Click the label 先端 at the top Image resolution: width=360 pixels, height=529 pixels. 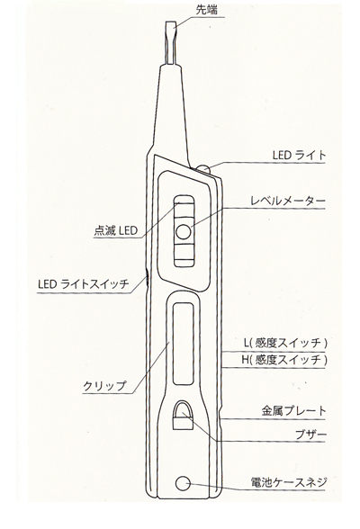click(206, 9)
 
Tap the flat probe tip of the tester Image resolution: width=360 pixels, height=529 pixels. click(171, 43)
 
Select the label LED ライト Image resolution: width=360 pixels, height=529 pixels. click(300, 155)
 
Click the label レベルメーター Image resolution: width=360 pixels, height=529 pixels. click(288, 201)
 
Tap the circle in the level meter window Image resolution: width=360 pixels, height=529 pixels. click(184, 232)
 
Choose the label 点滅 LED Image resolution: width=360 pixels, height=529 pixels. click(116, 230)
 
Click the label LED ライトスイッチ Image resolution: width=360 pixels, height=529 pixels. click(84, 283)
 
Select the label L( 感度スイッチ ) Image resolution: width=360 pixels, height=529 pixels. click(285, 343)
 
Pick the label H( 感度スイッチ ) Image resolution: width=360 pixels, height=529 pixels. click(284, 360)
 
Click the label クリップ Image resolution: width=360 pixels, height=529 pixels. click(105, 386)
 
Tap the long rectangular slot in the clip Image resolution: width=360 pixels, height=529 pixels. click(184, 343)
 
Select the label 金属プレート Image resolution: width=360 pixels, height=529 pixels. click(294, 411)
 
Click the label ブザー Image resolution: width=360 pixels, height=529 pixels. click(310, 435)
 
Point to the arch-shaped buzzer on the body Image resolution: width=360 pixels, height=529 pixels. click(184, 415)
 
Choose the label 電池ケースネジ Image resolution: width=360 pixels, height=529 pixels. click(289, 482)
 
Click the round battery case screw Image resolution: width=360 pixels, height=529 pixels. click(184, 483)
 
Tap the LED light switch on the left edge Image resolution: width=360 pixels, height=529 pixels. click(147, 279)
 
